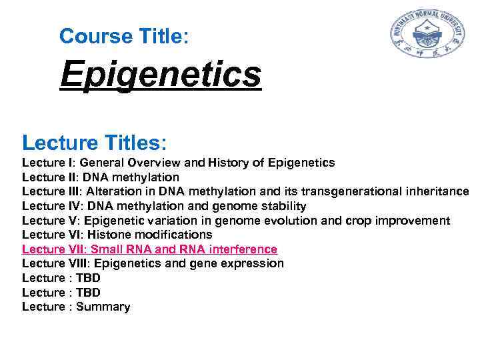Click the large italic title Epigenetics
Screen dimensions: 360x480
160,75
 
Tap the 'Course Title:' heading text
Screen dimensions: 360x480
124,36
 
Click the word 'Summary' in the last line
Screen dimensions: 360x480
103,307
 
